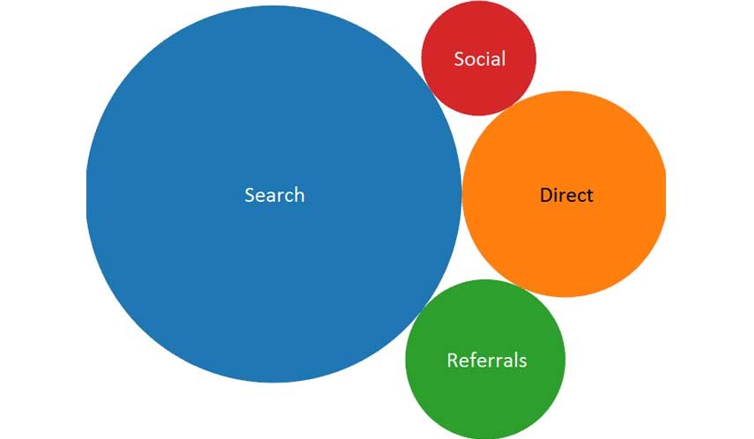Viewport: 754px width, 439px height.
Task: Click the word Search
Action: pyautogui.click(x=274, y=195)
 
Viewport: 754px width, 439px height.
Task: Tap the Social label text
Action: pyautogui.click(x=479, y=59)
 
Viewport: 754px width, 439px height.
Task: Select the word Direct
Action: pyautogui.click(x=566, y=195)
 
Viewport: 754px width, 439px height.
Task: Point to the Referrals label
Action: pyautogui.click(x=486, y=361)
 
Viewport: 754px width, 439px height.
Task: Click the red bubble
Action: pyautogui.click(x=478, y=88)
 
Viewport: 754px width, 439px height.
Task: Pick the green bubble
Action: pyautogui.click(x=485, y=397)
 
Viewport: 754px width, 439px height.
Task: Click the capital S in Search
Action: pyautogui.click(x=250, y=195)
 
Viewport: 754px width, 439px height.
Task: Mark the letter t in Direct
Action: pyautogui.click(x=589, y=195)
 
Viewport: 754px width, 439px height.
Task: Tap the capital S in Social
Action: pyautogui.click(x=459, y=59)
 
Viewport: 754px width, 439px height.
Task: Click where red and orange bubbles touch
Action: pyautogui.click(x=512, y=105)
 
